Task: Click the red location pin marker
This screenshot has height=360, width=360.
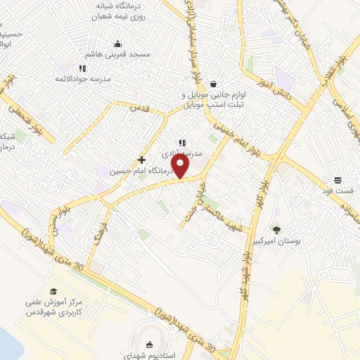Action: [181, 167]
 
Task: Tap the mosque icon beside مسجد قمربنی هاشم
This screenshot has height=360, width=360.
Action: [117, 44]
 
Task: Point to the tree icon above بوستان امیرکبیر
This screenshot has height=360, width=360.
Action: [276, 229]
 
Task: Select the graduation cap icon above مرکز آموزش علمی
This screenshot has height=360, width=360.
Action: [53, 291]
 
